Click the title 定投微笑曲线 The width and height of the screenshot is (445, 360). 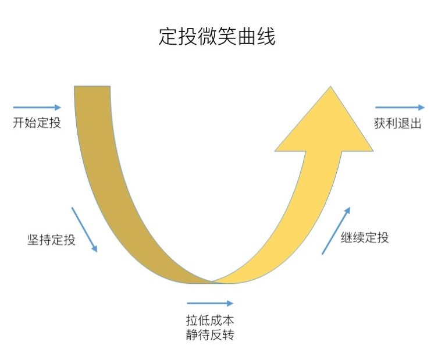[x=216, y=37]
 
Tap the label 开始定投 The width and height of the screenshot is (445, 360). [x=37, y=124]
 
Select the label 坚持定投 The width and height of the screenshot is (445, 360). [x=51, y=240]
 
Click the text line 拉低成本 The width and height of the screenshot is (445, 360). [x=210, y=320]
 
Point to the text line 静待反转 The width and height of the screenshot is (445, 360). [x=210, y=335]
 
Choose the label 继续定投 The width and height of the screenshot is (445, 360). [x=365, y=237]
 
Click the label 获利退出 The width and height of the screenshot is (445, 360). [x=397, y=124]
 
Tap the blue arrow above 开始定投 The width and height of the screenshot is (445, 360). [x=37, y=107]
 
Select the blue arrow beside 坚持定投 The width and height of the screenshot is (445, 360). [x=84, y=229]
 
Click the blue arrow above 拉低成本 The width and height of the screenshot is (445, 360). [x=210, y=303]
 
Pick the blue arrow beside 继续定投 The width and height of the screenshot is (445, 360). [x=336, y=230]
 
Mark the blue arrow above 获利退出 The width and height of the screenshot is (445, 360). [x=400, y=107]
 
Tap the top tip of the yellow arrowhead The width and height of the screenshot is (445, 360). [x=331, y=88]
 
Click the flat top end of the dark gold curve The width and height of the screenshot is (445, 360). [x=92, y=87]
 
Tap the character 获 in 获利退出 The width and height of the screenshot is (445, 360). [x=380, y=124]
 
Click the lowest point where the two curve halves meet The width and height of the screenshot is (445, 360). [x=213, y=282]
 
